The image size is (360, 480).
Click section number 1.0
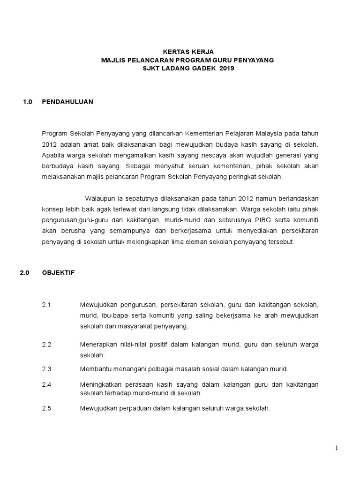click(x=27, y=102)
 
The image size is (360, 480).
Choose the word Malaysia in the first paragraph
click(x=273, y=133)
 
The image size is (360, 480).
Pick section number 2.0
click(x=24, y=272)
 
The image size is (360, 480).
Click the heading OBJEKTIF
click(x=58, y=272)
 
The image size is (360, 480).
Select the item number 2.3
click(x=46, y=369)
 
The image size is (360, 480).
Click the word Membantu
click(x=95, y=369)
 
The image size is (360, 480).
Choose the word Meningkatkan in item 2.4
click(x=101, y=384)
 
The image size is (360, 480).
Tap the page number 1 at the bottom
click(x=336, y=448)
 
